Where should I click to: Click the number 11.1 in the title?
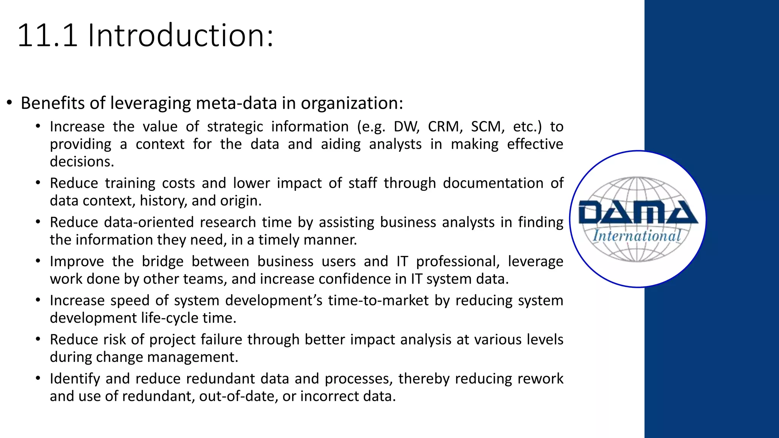point(48,36)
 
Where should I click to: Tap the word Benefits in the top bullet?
point(52,103)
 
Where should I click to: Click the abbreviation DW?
point(407,127)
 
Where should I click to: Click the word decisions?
point(82,162)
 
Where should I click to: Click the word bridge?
point(163,262)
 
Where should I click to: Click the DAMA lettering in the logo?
point(638,213)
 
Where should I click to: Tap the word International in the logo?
point(637,236)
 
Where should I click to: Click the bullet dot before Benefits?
point(10,103)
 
